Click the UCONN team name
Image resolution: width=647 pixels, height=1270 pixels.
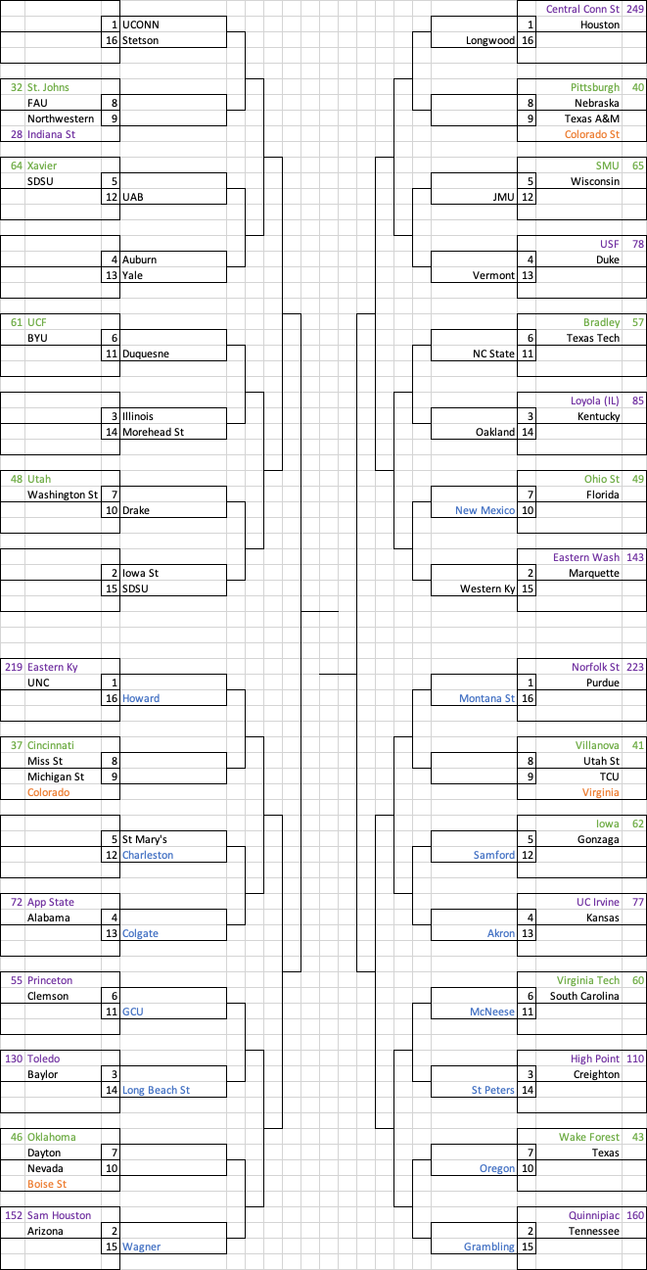(x=140, y=24)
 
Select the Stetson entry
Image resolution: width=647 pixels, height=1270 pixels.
(x=140, y=40)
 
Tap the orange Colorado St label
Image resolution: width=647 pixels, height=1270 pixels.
(x=592, y=134)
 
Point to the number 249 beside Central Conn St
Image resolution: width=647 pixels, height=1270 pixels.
(x=634, y=9)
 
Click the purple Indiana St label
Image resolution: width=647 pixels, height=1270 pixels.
(x=51, y=134)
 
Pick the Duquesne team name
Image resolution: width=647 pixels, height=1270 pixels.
(x=146, y=353)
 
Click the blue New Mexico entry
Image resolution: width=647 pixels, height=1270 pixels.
(x=485, y=510)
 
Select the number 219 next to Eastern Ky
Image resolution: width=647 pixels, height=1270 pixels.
(x=14, y=667)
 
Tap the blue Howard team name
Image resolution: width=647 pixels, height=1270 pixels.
(x=141, y=698)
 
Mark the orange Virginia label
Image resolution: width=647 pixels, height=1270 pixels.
(x=600, y=792)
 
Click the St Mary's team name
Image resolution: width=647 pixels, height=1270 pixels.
(x=145, y=839)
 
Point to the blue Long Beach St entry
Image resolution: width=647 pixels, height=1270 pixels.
(x=156, y=1090)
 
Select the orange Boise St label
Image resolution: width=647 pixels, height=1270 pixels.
(x=48, y=1184)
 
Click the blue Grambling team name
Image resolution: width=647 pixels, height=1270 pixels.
(x=489, y=1246)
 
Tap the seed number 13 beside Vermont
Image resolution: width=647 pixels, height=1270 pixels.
(x=528, y=275)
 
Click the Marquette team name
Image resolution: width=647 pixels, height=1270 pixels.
(x=593, y=573)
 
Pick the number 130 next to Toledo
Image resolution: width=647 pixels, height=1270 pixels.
(x=14, y=1058)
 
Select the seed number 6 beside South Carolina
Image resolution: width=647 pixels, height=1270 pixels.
(x=531, y=996)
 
